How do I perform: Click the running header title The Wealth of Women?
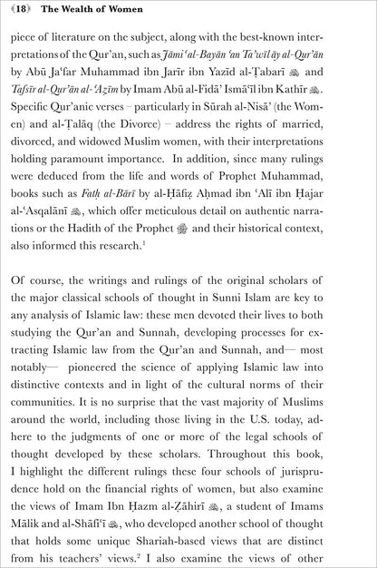coord(95,12)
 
